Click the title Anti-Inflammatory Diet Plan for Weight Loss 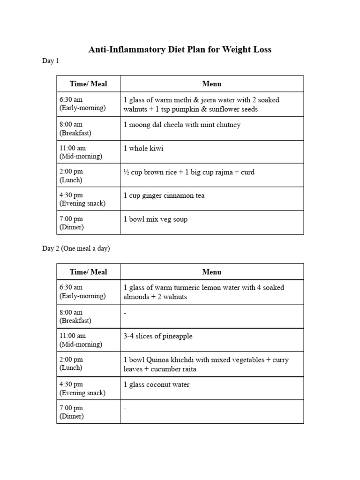coord(180,49)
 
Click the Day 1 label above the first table coord(51,61)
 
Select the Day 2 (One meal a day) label coord(76,248)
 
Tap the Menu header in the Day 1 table coord(212,84)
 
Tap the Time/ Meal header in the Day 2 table coord(88,272)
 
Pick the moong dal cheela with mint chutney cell coord(182,125)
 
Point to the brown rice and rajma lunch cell coord(189,172)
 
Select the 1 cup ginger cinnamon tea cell coord(164,195)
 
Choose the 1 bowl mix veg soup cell coord(155,219)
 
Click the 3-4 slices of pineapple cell coord(157,336)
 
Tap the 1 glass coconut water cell coord(156,385)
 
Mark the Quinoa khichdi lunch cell coord(206,364)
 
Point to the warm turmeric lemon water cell coord(203,292)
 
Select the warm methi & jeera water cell coord(201,105)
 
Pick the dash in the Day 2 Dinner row coord(125,409)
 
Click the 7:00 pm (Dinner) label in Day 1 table coord(72,223)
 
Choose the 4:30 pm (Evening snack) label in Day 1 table coord(82,199)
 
